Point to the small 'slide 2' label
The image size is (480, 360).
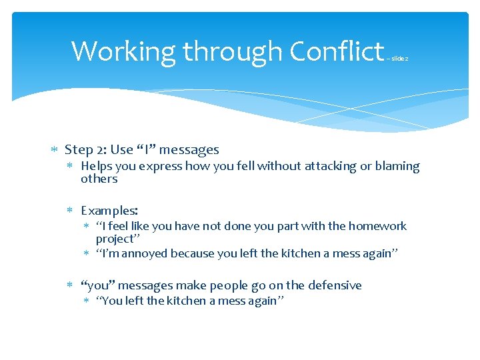point(397,59)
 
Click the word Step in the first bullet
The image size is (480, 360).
point(79,150)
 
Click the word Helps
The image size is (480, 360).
point(97,166)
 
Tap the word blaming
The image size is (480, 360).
point(398,166)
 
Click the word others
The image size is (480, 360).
point(99,179)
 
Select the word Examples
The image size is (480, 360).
point(109,211)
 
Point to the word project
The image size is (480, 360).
point(114,239)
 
